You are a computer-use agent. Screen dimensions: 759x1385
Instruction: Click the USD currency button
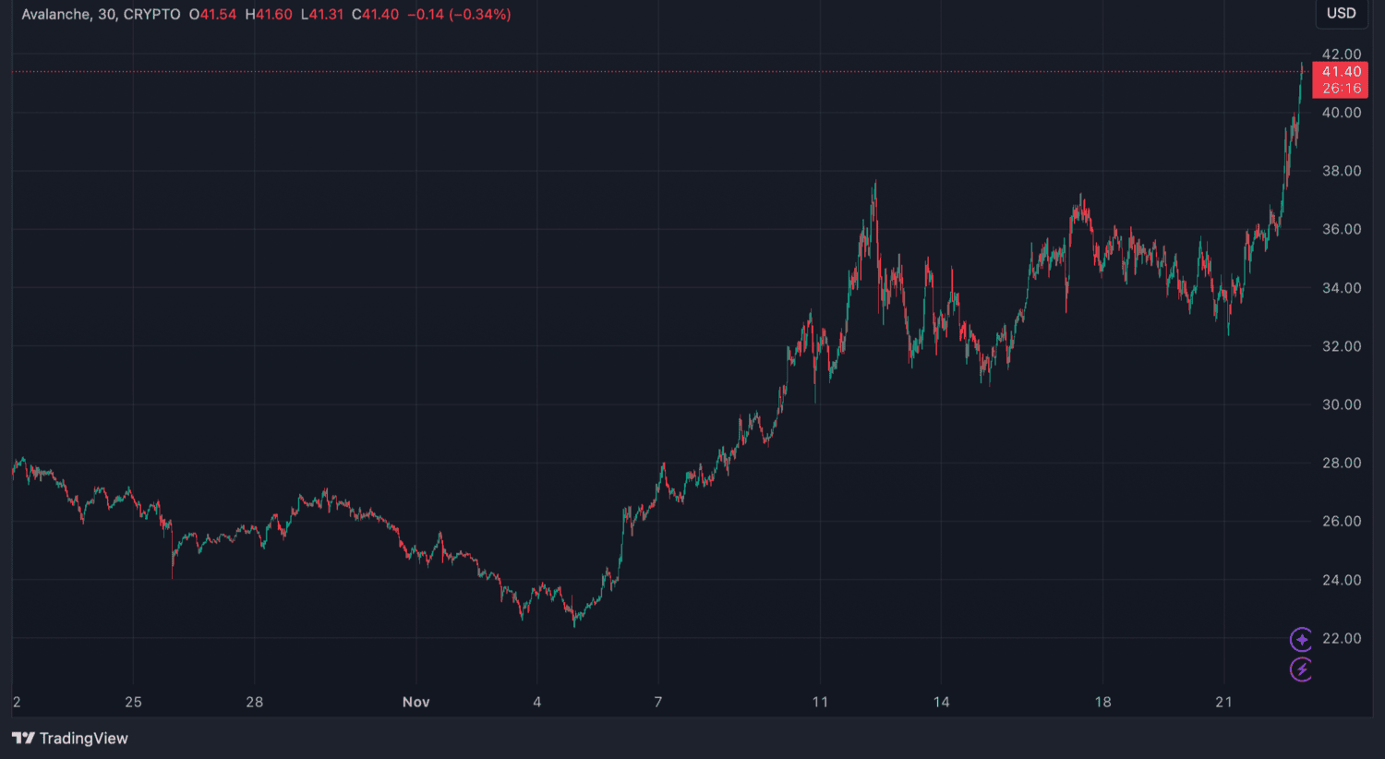pos(1341,13)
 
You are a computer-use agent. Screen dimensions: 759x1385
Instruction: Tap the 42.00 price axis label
pos(1341,54)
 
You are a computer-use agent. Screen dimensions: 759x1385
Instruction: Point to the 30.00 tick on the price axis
pos(1341,404)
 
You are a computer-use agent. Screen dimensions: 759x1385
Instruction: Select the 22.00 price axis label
pos(1341,638)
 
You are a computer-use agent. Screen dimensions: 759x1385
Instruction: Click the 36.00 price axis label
pos(1341,229)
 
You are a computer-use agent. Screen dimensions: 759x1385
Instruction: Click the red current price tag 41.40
pos(1341,72)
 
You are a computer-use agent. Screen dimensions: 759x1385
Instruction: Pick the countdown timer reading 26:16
pos(1341,89)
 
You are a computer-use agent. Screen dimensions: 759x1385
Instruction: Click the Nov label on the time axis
pos(415,702)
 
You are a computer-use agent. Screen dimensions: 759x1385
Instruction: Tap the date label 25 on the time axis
pos(133,702)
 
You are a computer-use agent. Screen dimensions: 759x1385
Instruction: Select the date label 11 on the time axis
pos(820,702)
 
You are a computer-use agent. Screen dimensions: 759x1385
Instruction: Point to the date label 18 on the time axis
pos(1102,702)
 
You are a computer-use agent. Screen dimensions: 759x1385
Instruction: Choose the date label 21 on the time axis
pos(1223,702)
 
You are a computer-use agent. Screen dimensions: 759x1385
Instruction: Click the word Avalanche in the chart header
pos(55,15)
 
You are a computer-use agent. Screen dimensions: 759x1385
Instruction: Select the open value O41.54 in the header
pos(212,15)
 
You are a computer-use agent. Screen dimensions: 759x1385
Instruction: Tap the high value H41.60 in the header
pos(269,15)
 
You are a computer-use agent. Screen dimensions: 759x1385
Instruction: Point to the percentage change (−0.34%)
pos(480,15)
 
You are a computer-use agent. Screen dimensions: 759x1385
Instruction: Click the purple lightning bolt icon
pos(1301,669)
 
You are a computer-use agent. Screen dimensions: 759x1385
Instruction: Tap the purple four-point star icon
pos(1301,639)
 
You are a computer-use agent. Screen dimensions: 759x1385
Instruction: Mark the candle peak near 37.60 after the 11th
pos(874,184)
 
